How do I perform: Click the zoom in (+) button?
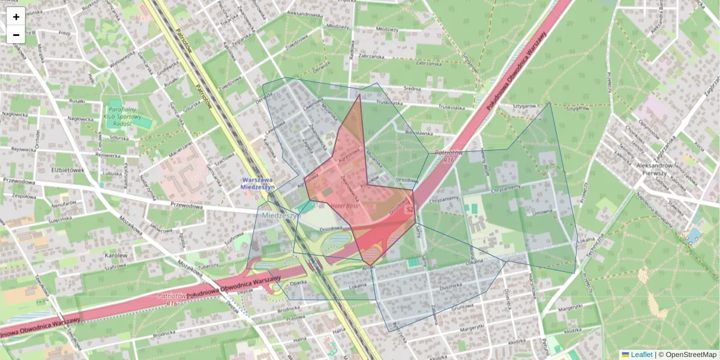[16, 17]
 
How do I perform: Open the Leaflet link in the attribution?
[641, 355]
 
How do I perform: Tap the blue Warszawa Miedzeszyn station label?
[257, 183]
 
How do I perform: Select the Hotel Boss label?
[344, 206]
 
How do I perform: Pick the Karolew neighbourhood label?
[116, 255]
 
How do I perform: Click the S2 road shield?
[410, 209]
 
